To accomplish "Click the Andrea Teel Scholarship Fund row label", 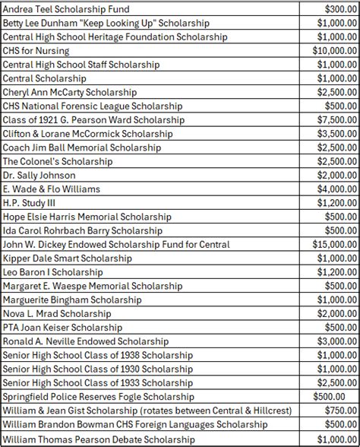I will [x=66, y=9].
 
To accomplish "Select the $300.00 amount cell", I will [x=337, y=9].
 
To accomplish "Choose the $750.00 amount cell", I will [x=337, y=411].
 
